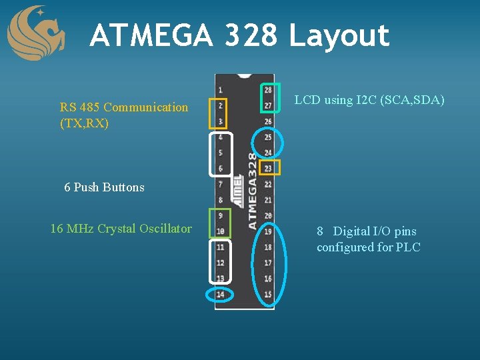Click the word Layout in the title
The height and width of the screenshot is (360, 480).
pos(339,35)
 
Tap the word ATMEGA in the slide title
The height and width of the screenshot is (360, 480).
pos(151,35)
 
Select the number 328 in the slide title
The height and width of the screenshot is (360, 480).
pos(251,35)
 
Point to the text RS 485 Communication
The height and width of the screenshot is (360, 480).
pos(124,107)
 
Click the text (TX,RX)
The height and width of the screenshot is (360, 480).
pos(84,123)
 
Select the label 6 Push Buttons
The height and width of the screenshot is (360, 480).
pos(104,187)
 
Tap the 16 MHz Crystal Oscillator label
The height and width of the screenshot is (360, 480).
pos(121,229)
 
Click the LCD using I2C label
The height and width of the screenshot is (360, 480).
pos(369,100)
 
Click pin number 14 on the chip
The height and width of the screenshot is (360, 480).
pos(220,294)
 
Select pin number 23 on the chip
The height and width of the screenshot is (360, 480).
pos(268,168)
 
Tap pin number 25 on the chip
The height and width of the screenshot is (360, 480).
pos(268,137)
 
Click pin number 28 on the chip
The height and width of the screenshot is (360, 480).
pos(268,90)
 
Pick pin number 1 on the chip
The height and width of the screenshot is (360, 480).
pos(220,90)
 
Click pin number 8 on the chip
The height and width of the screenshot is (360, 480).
pos(220,200)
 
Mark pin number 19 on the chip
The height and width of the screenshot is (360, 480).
pos(268,231)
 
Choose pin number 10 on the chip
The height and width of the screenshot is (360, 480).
pos(220,231)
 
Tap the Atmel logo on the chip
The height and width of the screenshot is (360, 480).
pos(237,188)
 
